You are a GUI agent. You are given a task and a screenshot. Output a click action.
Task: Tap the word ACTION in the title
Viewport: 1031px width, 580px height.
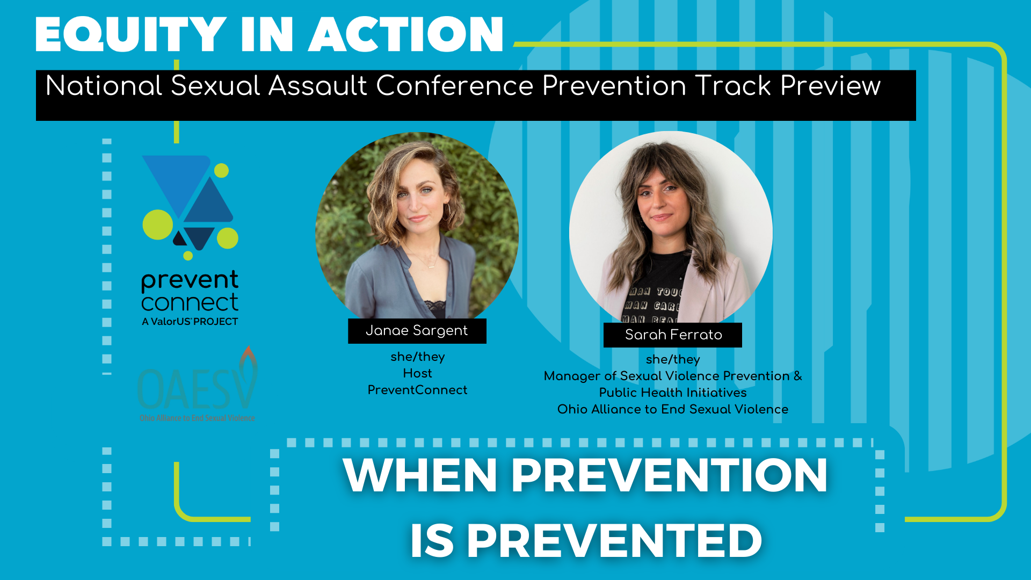coord(406,34)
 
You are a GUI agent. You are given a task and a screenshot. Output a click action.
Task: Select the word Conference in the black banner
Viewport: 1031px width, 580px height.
coord(454,86)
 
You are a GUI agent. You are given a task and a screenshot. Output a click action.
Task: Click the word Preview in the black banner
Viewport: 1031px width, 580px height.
coord(830,86)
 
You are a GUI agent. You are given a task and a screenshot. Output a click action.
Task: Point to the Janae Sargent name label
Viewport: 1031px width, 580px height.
coord(417,331)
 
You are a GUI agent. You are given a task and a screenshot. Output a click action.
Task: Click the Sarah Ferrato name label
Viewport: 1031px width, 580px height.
coord(673,335)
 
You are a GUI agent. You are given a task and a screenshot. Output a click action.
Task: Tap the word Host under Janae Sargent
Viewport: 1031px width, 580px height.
coord(417,373)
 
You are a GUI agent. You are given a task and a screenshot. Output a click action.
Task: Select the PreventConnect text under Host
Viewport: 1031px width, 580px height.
coord(417,390)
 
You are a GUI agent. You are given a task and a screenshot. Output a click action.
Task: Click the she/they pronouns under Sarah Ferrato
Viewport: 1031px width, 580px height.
coord(673,359)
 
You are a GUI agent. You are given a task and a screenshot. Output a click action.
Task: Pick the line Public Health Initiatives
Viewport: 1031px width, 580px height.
coord(673,393)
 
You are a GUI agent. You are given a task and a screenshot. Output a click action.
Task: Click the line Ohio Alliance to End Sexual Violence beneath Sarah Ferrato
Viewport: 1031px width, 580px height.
coord(673,409)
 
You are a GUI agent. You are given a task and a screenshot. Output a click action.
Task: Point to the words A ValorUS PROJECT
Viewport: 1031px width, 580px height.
coord(190,322)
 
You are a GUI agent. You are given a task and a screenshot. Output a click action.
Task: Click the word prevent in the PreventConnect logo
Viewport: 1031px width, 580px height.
coord(190,280)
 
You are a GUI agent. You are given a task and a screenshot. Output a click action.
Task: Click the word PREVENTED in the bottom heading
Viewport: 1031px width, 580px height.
coord(614,540)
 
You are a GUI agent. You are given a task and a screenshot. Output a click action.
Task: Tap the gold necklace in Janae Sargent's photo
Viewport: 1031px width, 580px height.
coord(428,263)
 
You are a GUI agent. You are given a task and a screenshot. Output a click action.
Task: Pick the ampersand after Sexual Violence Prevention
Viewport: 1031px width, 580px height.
coord(797,376)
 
